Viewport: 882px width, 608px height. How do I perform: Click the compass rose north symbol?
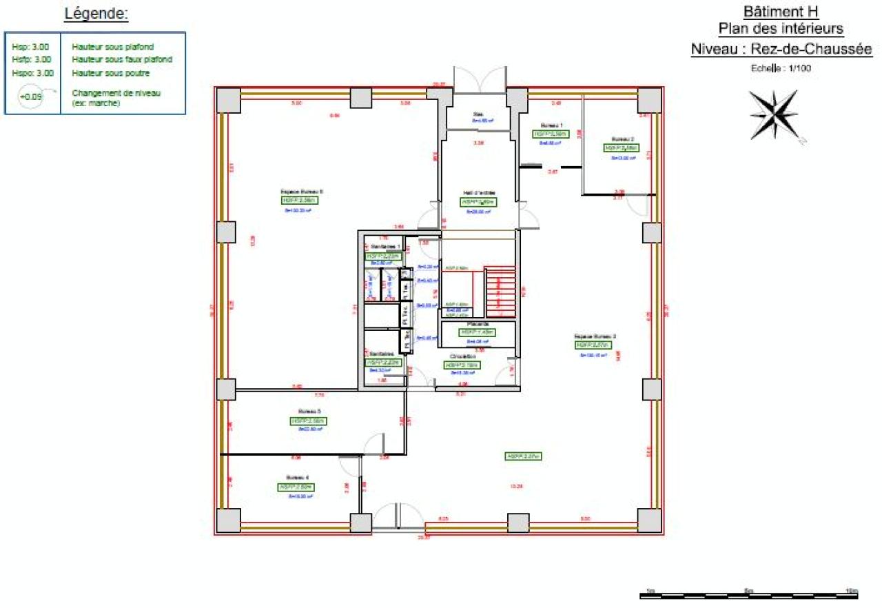[x=774, y=114]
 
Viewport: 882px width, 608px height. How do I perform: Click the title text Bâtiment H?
[x=781, y=12]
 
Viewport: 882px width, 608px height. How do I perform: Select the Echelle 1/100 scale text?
[x=781, y=68]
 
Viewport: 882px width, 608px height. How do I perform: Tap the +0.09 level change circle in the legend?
[x=31, y=97]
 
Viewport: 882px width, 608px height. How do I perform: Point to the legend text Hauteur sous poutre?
[x=110, y=72]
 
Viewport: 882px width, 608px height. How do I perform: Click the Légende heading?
[x=95, y=13]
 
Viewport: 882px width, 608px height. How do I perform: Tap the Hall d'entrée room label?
[x=479, y=192]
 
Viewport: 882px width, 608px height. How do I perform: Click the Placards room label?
[x=478, y=323]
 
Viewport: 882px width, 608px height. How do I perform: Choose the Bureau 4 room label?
[x=296, y=477]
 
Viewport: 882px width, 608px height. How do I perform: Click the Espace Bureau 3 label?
[x=595, y=336]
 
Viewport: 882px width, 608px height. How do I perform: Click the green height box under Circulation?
[x=462, y=365]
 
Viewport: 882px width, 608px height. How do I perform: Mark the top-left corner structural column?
[x=229, y=101]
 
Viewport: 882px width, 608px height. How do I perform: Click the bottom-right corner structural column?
[x=649, y=520]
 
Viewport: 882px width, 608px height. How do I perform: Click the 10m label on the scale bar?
[x=851, y=591]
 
